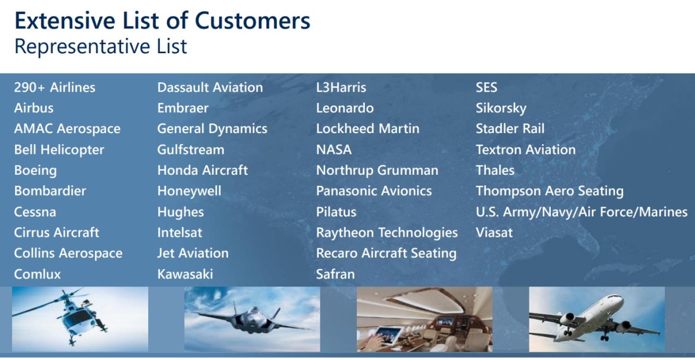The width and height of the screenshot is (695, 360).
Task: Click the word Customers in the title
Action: coord(253,21)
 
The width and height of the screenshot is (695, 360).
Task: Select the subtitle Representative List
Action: coord(101,47)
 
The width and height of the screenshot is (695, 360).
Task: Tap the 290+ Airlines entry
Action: coord(54,87)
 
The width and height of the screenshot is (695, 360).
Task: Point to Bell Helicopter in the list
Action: coord(59,150)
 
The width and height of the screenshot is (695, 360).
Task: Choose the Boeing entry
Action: coord(35,171)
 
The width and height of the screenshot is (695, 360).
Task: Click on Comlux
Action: coord(37,274)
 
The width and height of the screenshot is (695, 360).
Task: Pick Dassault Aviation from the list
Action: coord(210,87)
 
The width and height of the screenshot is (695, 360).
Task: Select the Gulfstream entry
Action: coord(191,150)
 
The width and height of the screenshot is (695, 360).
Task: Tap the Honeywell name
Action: coord(189,192)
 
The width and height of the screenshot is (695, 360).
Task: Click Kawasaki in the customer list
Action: coord(185,274)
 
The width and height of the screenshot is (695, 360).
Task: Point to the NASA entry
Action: coord(334,150)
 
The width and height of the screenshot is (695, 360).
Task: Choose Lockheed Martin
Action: coord(368,128)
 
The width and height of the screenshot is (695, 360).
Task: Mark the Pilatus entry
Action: coord(336,212)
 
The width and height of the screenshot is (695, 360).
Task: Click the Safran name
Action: coord(335,274)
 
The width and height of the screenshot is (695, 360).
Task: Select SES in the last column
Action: coord(487,87)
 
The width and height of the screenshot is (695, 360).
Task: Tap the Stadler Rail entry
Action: coord(510,128)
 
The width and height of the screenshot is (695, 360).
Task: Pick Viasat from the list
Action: coord(494,233)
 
